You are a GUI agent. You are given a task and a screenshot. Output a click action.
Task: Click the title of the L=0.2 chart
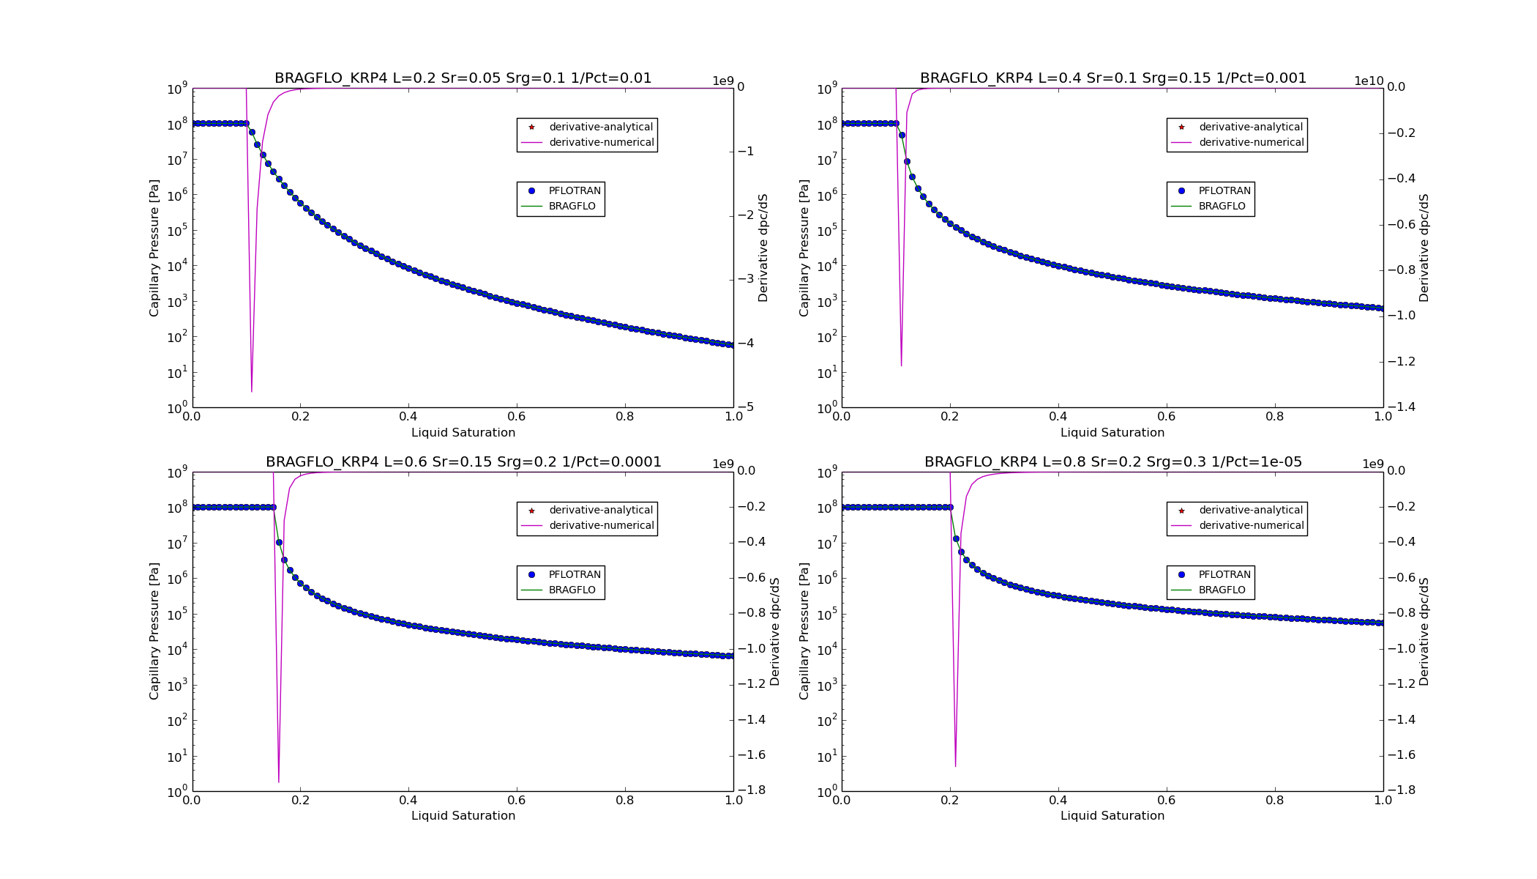pos(463,78)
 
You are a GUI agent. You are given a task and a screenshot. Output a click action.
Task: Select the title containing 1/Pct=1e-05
pos(1112,462)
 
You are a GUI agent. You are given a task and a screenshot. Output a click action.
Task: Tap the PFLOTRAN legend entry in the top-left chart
pos(574,191)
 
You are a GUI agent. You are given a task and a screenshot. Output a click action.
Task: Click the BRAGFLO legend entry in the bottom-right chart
pos(1222,590)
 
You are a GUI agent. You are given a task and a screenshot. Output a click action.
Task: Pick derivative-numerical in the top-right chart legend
pos(1251,143)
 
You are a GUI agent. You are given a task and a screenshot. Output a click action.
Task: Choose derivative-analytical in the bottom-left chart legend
pos(600,511)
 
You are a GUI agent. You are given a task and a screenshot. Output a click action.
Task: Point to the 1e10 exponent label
pos(1368,81)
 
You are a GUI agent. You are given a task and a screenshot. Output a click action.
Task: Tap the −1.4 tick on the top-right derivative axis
pos(1400,407)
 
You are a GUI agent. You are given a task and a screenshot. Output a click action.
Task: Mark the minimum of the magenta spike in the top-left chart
pos(252,392)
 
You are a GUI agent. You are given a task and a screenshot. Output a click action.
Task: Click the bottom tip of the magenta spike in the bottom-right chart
pos(955,766)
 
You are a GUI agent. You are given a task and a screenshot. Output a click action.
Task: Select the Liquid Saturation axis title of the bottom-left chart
pos(463,816)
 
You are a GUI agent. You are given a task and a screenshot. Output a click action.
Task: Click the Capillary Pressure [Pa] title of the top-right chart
pos(804,248)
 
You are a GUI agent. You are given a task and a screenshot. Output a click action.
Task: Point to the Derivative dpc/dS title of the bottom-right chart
pos(1424,631)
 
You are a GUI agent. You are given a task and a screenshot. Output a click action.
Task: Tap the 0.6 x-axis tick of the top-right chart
pos(1166,417)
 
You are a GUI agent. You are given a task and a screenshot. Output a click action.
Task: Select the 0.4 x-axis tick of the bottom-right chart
pos(1058,801)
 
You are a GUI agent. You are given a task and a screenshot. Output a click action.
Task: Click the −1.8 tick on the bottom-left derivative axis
pos(752,790)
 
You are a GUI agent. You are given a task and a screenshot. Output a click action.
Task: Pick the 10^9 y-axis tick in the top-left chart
pos(179,89)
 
